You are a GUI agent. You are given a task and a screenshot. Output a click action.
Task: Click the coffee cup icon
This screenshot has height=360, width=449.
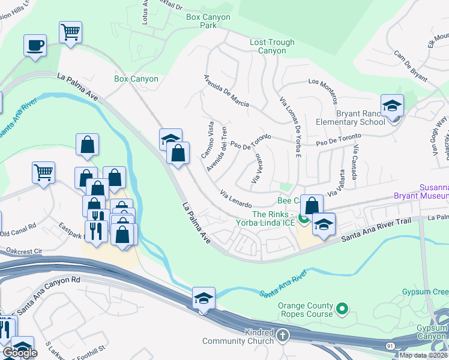(x=35, y=46)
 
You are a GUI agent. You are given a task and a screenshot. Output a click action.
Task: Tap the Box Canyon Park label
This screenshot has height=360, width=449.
(x=208, y=21)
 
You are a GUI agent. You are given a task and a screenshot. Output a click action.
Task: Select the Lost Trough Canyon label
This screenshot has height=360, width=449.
(x=272, y=47)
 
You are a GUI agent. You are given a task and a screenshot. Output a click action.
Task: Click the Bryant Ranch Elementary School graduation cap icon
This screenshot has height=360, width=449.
(x=392, y=106)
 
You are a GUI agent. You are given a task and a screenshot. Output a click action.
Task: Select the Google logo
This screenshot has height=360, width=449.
(x=19, y=353)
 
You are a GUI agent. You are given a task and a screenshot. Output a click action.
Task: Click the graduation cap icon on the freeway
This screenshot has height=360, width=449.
(x=203, y=298)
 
